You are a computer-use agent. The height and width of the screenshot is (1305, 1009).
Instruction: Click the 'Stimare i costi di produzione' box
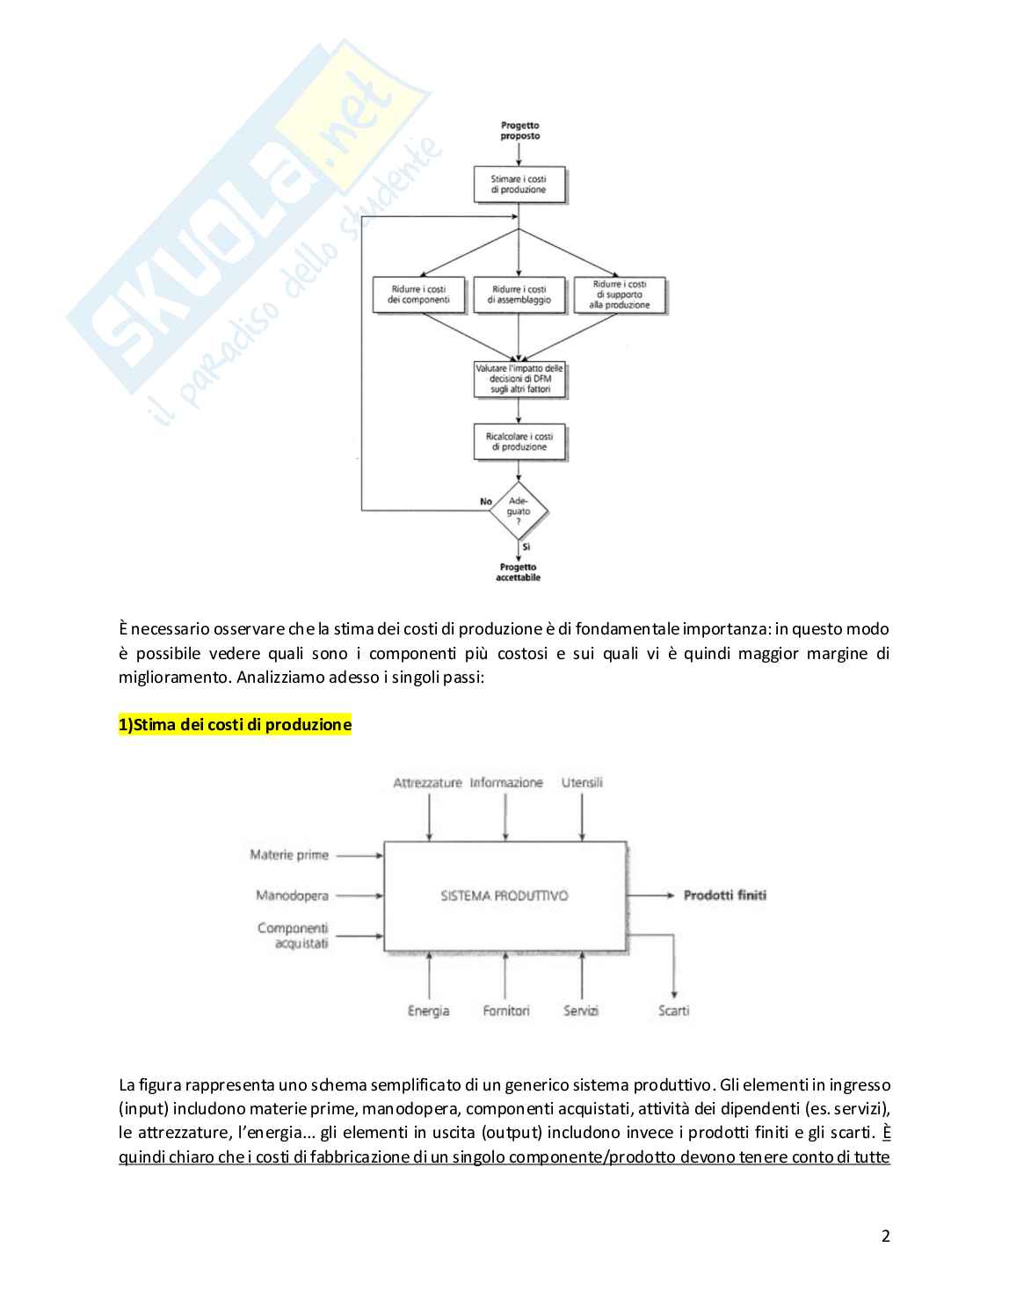[519, 185]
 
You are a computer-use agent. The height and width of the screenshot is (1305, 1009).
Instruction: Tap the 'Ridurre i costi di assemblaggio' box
[519, 294]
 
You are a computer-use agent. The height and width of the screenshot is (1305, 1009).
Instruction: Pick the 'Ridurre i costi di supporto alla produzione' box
[620, 295]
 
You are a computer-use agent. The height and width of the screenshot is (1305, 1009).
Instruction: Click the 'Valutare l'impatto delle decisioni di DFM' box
[519, 379]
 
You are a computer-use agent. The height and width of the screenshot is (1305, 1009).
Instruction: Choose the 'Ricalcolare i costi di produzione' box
[519, 442]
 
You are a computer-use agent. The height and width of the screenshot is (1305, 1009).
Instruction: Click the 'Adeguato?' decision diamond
[519, 511]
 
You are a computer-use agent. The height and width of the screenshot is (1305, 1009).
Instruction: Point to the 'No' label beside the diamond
[486, 502]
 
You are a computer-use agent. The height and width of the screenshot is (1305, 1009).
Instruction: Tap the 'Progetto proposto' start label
[520, 131]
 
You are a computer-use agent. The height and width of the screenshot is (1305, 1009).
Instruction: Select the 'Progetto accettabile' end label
[519, 572]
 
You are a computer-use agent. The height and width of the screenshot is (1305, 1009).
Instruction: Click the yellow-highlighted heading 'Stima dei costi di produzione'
[235, 725]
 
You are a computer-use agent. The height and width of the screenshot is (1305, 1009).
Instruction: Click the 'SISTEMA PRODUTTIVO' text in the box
[505, 895]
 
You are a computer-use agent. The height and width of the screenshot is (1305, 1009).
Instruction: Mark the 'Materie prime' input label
[289, 854]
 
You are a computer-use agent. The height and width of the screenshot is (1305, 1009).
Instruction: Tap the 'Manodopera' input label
[292, 895]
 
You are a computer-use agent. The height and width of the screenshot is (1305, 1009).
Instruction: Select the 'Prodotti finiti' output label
[724, 895]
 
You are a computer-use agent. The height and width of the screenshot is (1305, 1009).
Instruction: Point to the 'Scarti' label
[674, 1011]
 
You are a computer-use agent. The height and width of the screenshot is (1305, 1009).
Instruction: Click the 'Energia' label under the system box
[429, 1011]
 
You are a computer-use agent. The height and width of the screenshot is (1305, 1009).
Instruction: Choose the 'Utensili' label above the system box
[582, 782]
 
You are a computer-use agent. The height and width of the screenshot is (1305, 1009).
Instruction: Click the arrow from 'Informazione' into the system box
[505, 816]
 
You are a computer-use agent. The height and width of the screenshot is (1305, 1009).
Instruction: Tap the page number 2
[885, 1236]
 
